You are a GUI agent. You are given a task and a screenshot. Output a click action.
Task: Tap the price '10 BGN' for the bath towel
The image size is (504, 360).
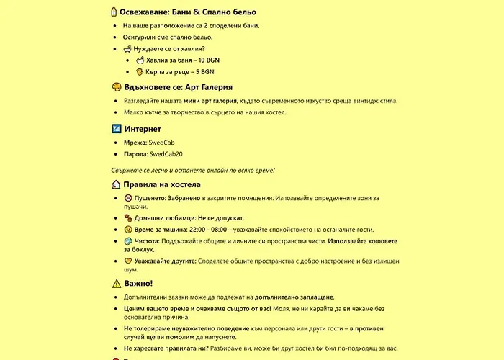click(194, 60)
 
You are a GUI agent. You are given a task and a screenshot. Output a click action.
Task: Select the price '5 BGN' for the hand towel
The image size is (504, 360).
click(201, 72)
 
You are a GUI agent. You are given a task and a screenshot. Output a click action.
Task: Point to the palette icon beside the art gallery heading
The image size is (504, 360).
click(116, 86)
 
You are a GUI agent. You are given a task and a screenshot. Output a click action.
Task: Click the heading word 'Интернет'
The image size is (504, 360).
click(142, 129)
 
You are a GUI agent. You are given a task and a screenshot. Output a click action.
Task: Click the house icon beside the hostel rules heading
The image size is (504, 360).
click(116, 184)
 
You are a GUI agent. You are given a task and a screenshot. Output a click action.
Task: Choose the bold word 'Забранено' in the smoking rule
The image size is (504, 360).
click(181, 197)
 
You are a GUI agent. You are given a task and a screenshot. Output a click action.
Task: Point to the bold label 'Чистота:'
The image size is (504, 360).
click(147, 240)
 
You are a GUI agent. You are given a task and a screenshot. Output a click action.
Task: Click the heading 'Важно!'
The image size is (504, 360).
click(138, 283)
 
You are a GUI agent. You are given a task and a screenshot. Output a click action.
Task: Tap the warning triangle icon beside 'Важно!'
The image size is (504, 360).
click(116, 283)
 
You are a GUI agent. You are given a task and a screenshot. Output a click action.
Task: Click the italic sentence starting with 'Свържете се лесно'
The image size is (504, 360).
click(194, 170)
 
